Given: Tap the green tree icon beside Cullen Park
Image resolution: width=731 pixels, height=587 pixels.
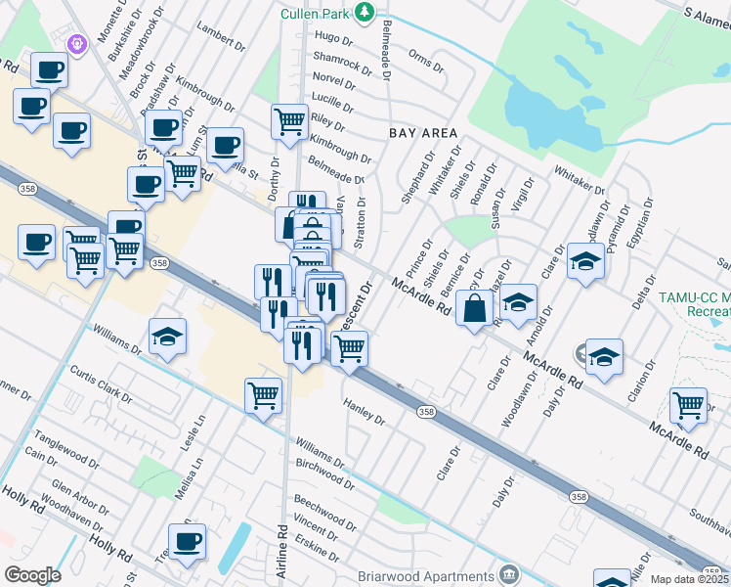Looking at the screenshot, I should pos(365,13).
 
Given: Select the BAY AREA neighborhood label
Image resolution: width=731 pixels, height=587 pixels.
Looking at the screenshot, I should pos(424,131).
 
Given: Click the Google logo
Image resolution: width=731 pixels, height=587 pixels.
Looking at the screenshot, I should pos(32,574).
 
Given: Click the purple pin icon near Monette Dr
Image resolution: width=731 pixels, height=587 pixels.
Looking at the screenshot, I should pos(78,44).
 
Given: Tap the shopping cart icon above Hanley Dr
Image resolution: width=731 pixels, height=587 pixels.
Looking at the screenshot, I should pos(349,346).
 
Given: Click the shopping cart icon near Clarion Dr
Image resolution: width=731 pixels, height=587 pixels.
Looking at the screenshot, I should pos(689,404).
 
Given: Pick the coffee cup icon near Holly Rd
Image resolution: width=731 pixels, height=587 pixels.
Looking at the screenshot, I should pos(187,540).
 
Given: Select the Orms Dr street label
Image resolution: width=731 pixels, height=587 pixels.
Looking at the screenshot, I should pos(425,60).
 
